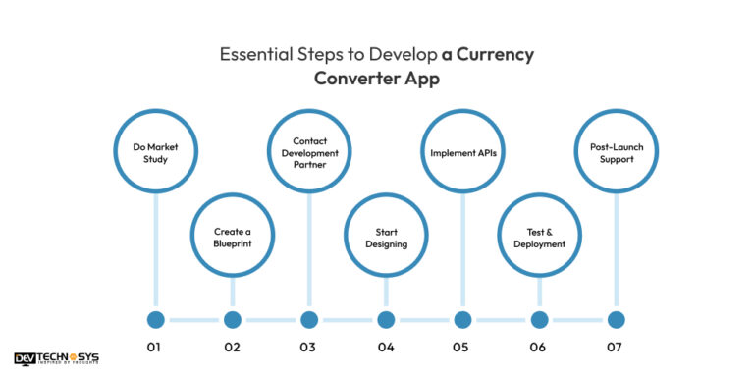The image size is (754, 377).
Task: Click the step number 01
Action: (x=154, y=348)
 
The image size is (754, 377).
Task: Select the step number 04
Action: (x=386, y=348)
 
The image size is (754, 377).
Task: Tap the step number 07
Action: (x=614, y=348)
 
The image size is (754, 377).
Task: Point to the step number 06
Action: (x=538, y=348)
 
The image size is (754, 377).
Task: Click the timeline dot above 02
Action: (x=233, y=320)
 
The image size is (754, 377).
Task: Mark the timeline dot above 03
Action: (x=309, y=320)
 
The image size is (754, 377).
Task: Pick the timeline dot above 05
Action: (x=462, y=320)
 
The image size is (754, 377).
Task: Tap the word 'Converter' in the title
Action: (x=350, y=79)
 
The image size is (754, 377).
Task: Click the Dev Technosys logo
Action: (x=57, y=358)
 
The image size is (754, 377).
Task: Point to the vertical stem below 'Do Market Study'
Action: (x=156, y=250)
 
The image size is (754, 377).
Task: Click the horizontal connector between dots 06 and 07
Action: (x=577, y=320)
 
